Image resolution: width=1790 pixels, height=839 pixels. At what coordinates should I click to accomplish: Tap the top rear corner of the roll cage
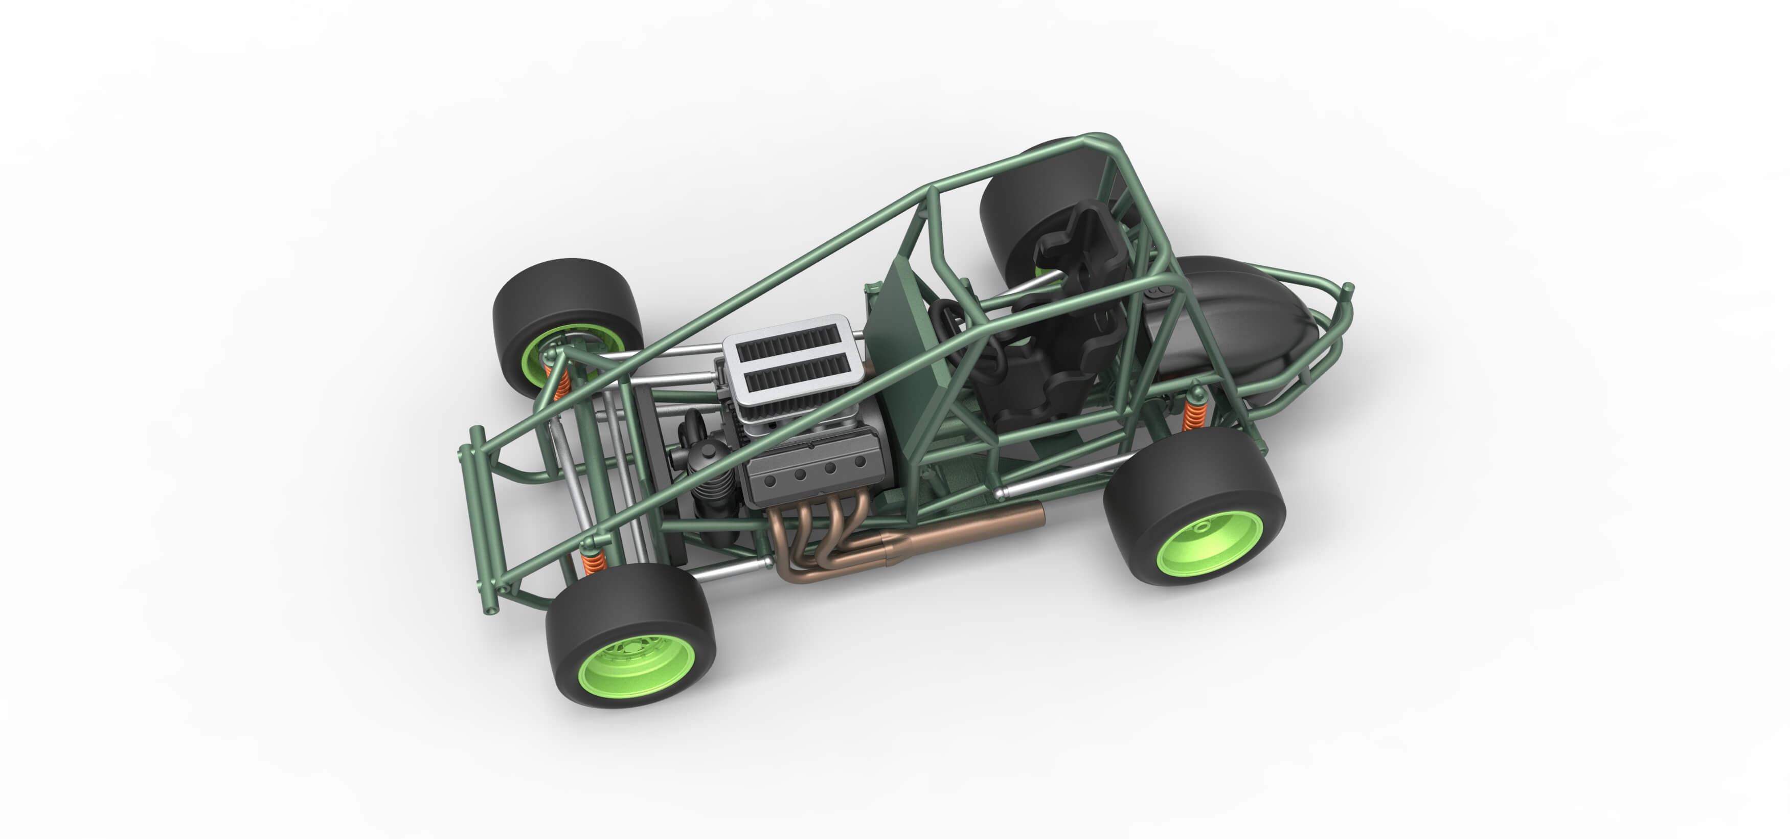[x=1101, y=139]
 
